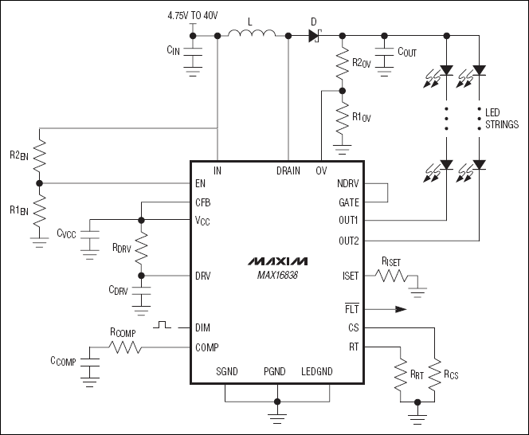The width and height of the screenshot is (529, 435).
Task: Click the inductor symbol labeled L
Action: coord(252,34)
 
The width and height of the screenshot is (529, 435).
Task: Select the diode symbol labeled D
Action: coord(313,36)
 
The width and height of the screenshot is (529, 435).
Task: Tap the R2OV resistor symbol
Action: coord(343,66)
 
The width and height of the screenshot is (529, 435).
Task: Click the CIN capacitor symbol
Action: coord(193,50)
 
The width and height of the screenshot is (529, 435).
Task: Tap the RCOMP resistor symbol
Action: coord(123,347)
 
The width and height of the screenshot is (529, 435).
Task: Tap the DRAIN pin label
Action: coord(288,170)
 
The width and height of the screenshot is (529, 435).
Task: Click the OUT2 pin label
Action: coord(348,239)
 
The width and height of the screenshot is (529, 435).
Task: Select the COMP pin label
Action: coord(206,347)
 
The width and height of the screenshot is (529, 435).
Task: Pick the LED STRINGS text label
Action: coord(502,119)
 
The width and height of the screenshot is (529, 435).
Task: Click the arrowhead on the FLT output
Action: coord(400,309)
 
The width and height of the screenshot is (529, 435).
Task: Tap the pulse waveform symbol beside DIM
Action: coord(163,325)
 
